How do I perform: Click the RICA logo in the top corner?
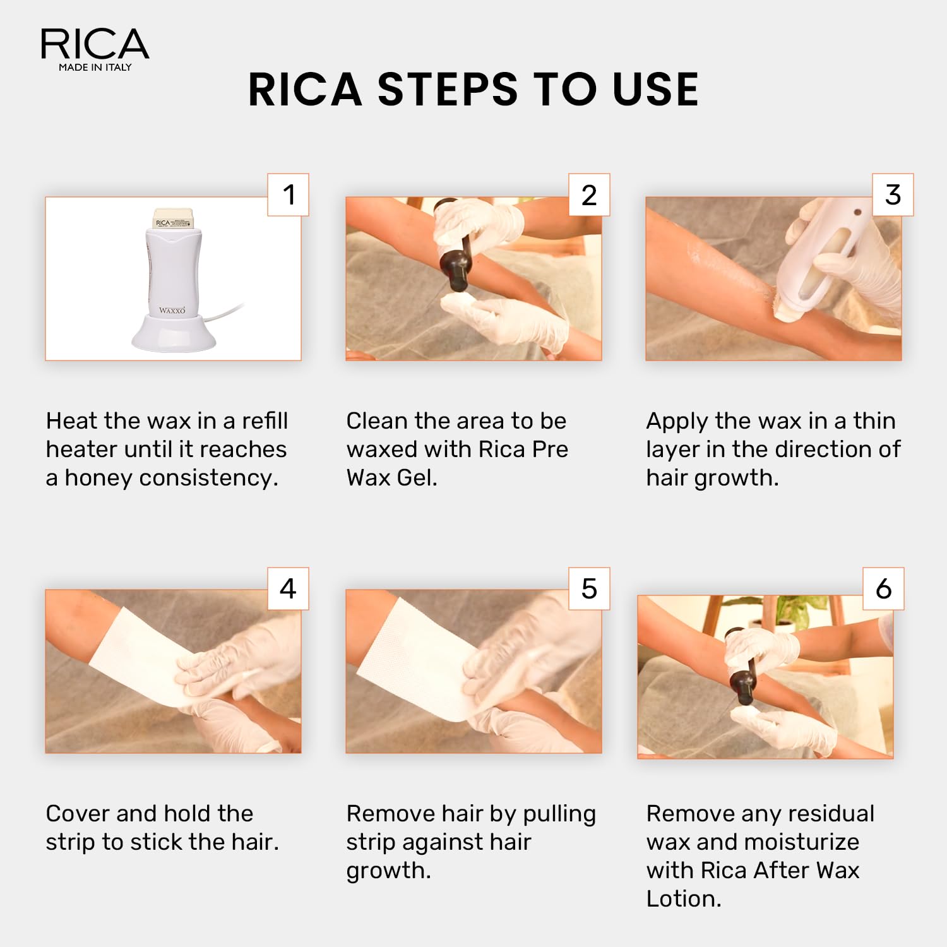click(95, 44)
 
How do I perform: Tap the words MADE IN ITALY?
click(95, 67)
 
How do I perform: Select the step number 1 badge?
click(289, 194)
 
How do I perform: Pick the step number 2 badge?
click(589, 194)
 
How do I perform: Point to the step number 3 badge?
click(893, 194)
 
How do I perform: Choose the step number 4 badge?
click(289, 588)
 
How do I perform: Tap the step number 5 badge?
click(589, 588)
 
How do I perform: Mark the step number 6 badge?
click(884, 588)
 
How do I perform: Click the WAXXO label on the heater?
click(172, 310)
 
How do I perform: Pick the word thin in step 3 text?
click(874, 420)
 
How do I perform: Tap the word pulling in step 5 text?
click(559, 814)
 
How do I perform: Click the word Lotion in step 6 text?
click(683, 898)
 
